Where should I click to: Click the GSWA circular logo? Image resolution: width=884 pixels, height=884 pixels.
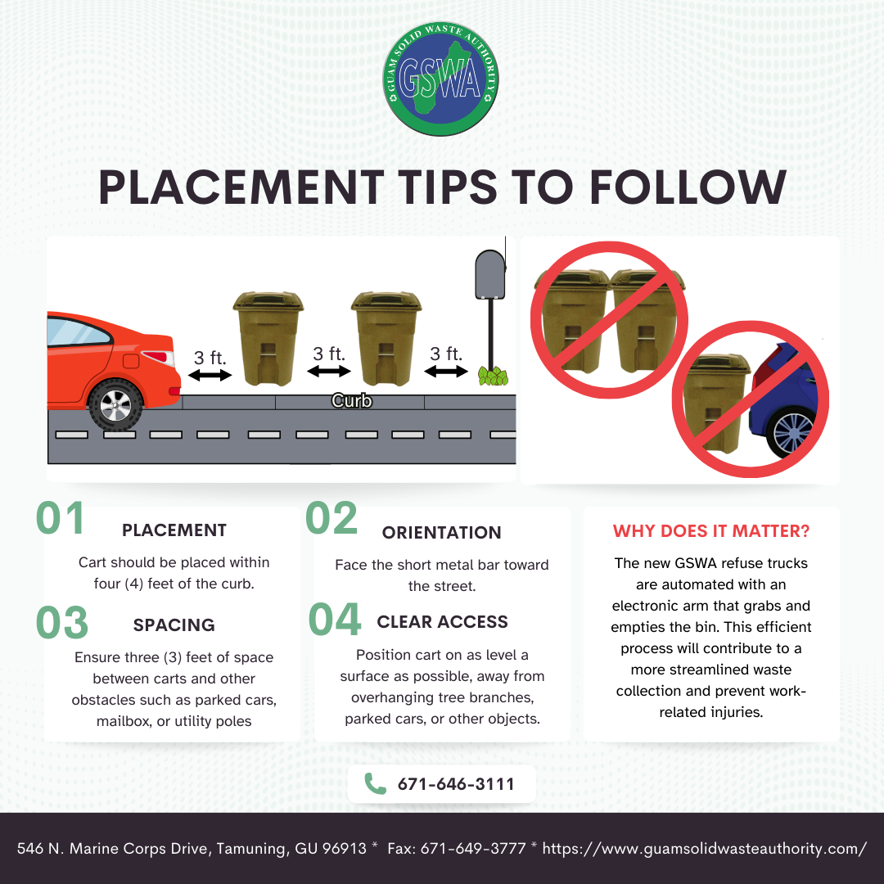click(x=441, y=79)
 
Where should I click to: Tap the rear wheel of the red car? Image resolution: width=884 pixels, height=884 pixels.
click(x=115, y=405)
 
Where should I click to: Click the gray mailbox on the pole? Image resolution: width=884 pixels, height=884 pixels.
click(x=490, y=274)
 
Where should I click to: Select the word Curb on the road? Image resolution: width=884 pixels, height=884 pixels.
click(x=352, y=401)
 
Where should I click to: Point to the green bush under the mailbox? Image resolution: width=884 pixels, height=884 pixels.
click(x=494, y=376)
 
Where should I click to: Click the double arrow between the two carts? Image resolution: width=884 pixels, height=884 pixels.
click(x=329, y=371)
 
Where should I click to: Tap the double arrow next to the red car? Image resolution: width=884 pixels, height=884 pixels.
click(x=210, y=375)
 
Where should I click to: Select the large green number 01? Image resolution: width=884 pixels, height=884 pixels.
click(x=60, y=518)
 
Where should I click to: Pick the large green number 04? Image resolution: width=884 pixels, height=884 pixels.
click(x=334, y=619)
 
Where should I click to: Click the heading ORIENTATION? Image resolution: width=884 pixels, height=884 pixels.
click(x=441, y=532)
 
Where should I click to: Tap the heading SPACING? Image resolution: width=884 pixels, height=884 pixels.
click(x=174, y=625)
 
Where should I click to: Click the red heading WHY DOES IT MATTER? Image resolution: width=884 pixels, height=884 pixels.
click(x=711, y=531)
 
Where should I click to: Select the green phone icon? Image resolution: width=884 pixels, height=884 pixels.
click(x=376, y=783)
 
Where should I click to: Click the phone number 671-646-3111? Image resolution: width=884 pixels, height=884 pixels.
click(x=456, y=784)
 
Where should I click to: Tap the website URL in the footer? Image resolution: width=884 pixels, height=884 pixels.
click(x=704, y=849)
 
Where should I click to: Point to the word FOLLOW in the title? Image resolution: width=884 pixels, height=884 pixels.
click(x=688, y=187)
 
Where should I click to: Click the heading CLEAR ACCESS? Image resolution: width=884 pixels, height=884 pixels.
click(x=443, y=622)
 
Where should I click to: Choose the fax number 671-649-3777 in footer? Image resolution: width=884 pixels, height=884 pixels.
click(x=473, y=849)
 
